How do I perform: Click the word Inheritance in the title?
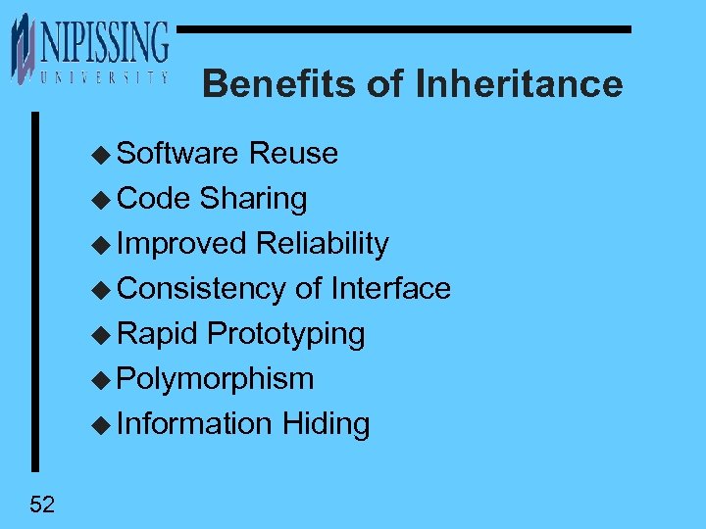click(519, 84)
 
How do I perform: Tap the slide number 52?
click(42, 505)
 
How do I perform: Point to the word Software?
click(177, 154)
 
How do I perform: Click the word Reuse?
click(293, 154)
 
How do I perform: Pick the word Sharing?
click(253, 199)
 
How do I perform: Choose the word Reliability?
click(322, 244)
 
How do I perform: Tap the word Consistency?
click(200, 289)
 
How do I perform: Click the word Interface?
click(390, 289)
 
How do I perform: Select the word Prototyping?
click(286, 334)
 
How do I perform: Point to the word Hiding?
click(326, 424)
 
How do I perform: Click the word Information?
click(193, 424)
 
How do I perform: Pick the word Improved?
click(181, 244)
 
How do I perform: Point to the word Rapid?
click(158, 334)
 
